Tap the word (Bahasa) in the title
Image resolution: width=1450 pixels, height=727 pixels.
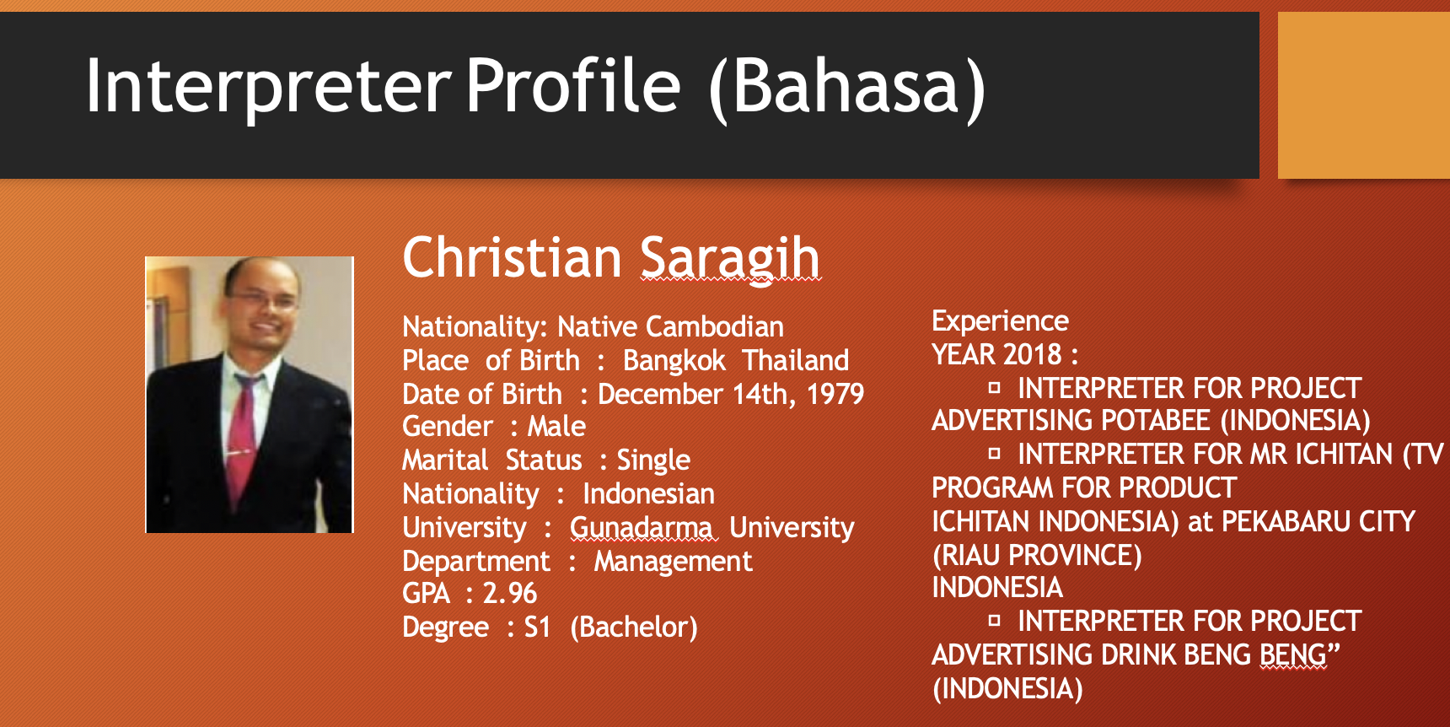tap(847, 87)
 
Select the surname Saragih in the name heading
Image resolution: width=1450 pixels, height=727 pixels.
tap(730, 257)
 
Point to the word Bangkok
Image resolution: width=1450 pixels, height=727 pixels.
tap(674, 361)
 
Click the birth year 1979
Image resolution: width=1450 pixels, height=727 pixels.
tap(835, 394)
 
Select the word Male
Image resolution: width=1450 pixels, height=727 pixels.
tap(556, 426)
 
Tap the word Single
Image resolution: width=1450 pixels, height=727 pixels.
tap(653, 460)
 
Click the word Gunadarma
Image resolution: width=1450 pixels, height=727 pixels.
tap(642, 527)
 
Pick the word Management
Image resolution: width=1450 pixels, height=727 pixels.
tap(673, 562)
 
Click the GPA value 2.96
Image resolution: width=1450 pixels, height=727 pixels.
tap(509, 593)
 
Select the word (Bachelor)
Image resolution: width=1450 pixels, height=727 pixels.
tap(634, 627)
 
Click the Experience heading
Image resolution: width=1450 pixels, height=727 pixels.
tap(1000, 321)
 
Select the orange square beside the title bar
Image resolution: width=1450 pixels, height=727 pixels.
tap(1364, 95)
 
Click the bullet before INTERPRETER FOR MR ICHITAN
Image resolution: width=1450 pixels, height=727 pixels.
tap(995, 454)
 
